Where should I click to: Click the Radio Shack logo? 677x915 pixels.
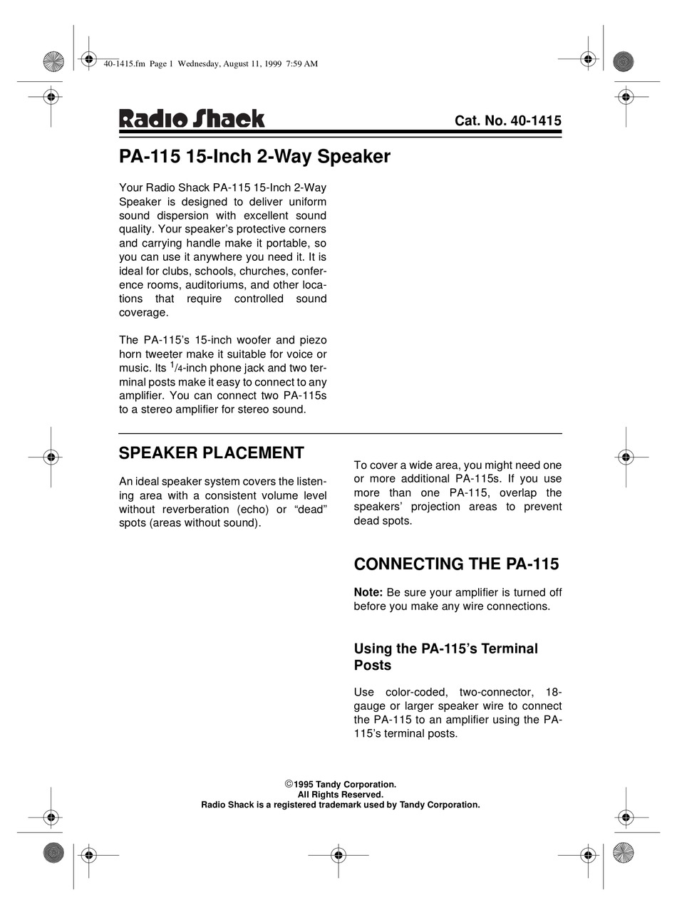(x=191, y=118)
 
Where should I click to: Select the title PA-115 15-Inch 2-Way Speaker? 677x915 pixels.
(x=254, y=156)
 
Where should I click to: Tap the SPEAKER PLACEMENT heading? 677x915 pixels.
(x=211, y=453)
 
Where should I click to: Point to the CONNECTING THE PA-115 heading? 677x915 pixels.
(x=456, y=564)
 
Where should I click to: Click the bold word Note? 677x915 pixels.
(x=368, y=592)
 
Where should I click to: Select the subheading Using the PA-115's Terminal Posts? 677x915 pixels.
(x=445, y=656)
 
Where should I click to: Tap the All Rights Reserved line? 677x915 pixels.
(x=340, y=795)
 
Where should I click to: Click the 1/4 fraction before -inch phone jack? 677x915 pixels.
(x=174, y=367)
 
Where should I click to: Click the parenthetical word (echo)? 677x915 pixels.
(x=255, y=509)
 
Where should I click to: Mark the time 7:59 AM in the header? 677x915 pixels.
(x=301, y=63)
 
